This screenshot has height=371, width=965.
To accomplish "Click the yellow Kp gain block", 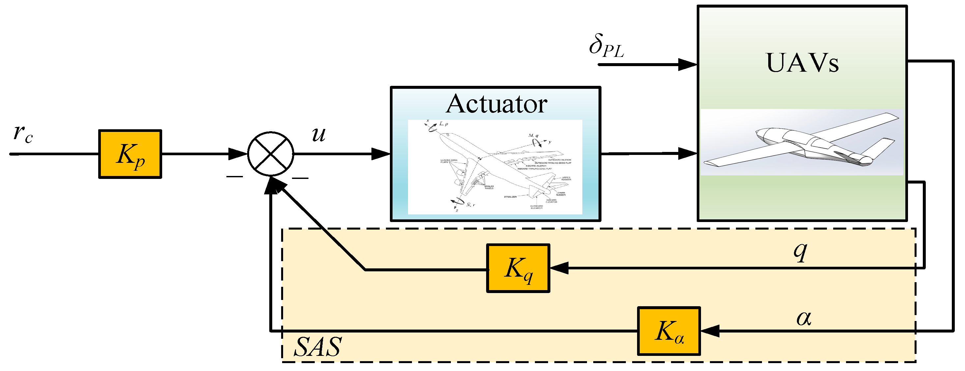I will [x=130, y=154].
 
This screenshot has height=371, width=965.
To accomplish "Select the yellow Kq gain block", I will [x=518, y=268].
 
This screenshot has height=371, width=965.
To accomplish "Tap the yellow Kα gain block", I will [x=669, y=331].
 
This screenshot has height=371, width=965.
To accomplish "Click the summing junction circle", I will [x=271, y=154].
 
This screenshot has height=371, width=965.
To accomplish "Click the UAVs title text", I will [x=802, y=62].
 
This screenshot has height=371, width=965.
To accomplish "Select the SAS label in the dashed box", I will [x=318, y=347].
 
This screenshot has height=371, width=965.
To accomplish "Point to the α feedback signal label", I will [x=804, y=318].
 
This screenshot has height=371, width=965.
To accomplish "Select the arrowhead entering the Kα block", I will [x=710, y=331].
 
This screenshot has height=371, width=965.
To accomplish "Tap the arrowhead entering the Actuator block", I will [x=381, y=154].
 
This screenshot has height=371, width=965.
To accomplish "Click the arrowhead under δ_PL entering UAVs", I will [x=687, y=65].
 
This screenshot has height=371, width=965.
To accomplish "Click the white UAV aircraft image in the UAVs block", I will [x=802, y=142].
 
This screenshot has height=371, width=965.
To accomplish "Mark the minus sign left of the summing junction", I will [x=235, y=177].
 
